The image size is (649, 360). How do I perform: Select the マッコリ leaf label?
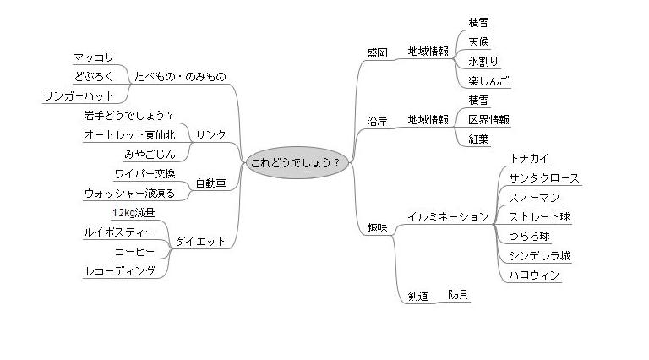[x=95, y=57]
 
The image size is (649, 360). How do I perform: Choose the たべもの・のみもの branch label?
[x=180, y=77]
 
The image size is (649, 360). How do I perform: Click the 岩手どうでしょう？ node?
[x=128, y=116]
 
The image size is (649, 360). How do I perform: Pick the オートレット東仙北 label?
[x=129, y=135]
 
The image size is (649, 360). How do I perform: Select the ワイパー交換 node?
[x=145, y=173]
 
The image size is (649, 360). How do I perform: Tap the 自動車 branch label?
[x=210, y=183]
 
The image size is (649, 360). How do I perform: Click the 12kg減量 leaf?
[x=134, y=212]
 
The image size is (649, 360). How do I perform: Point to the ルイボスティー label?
[x=119, y=232]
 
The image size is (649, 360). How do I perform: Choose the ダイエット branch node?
[x=200, y=242]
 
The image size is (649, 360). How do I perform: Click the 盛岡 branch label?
[x=378, y=52]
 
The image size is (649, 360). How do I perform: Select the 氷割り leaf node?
[x=483, y=62]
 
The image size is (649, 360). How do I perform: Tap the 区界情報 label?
[x=489, y=120]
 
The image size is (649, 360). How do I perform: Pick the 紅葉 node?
[x=478, y=139]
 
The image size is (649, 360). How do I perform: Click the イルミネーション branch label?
[x=448, y=217]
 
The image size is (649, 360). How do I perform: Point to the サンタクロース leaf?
[x=544, y=178]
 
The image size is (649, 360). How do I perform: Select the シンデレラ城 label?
[x=539, y=256]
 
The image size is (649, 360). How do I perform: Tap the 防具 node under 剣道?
[x=459, y=294]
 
